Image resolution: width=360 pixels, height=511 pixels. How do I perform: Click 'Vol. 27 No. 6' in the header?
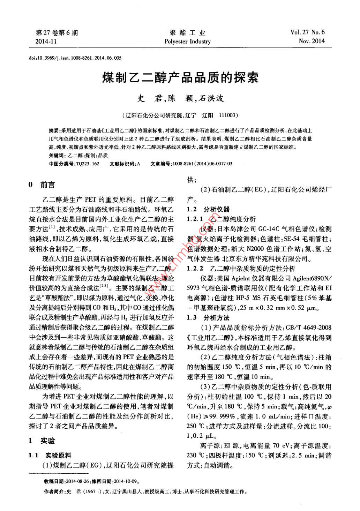[x=307, y=32]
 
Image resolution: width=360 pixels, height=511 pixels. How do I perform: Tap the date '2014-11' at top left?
[x=46, y=42]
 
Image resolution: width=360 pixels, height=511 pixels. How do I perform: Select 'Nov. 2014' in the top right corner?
[x=312, y=41]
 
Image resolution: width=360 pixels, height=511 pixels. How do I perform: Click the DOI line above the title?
[x=75, y=58]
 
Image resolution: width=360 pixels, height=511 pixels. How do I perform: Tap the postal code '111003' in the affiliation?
[x=228, y=115]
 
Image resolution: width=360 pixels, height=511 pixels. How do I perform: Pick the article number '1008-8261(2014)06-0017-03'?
[x=202, y=164]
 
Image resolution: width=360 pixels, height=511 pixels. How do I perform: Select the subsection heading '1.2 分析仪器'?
[x=208, y=209]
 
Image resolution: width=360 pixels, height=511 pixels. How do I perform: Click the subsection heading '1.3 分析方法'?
[x=208, y=318]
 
